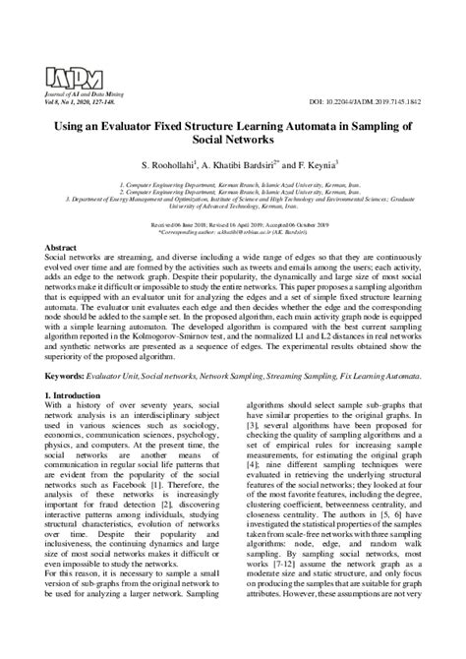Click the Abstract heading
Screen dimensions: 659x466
61,247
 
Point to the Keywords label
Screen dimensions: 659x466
68,377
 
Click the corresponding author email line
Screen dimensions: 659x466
233,228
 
